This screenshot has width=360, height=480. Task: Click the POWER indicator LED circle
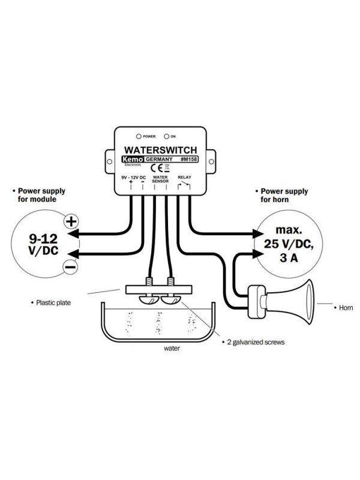pyautogui.click(x=139, y=136)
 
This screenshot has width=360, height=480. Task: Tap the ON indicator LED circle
pyautogui.click(x=166, y=136)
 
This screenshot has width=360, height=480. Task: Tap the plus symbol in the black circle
pyautogui.click(x=71, y=221)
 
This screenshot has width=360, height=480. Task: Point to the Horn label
pyautogui.click(x=344, y=307)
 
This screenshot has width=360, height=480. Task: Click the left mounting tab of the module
pyautogui.click(x=110, y=161)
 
